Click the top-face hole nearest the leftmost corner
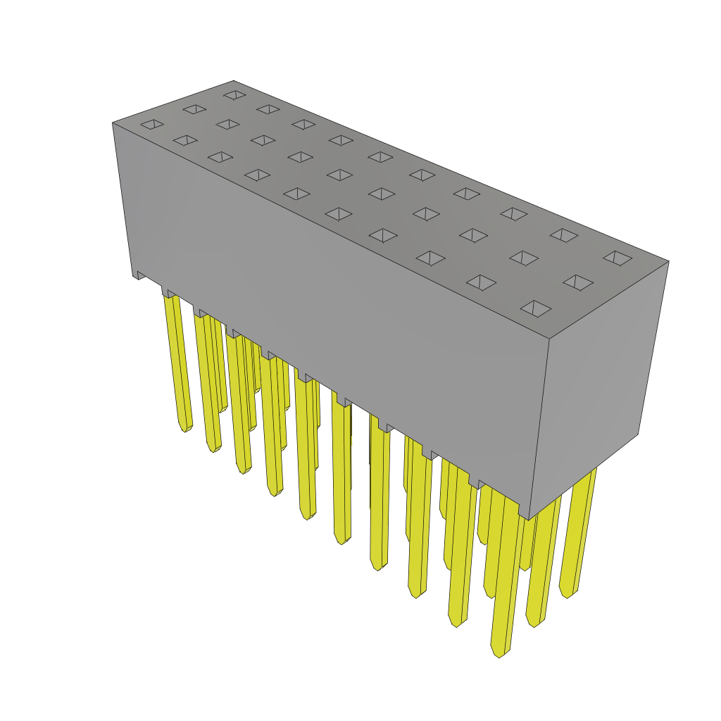click(x=152, y=124)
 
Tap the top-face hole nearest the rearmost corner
click(x=234, y=94)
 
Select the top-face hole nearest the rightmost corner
click(x=617, y=258)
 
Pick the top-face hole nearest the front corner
click(x=536, y=308)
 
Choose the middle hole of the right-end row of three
click(x=577, y=282)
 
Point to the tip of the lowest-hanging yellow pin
click(x=499, y=654)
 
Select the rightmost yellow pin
click(x=579, y=535)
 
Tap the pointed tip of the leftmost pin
click(x=184, y=429)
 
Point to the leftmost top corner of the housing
click(x=113, y=123)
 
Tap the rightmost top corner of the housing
click(x=668, y=261)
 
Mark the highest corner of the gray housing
click(x=234, y=81)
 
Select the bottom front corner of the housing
click(x=528, y=520)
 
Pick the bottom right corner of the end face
click(x=638, y=434)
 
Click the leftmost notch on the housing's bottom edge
click(x=141, y=275)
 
